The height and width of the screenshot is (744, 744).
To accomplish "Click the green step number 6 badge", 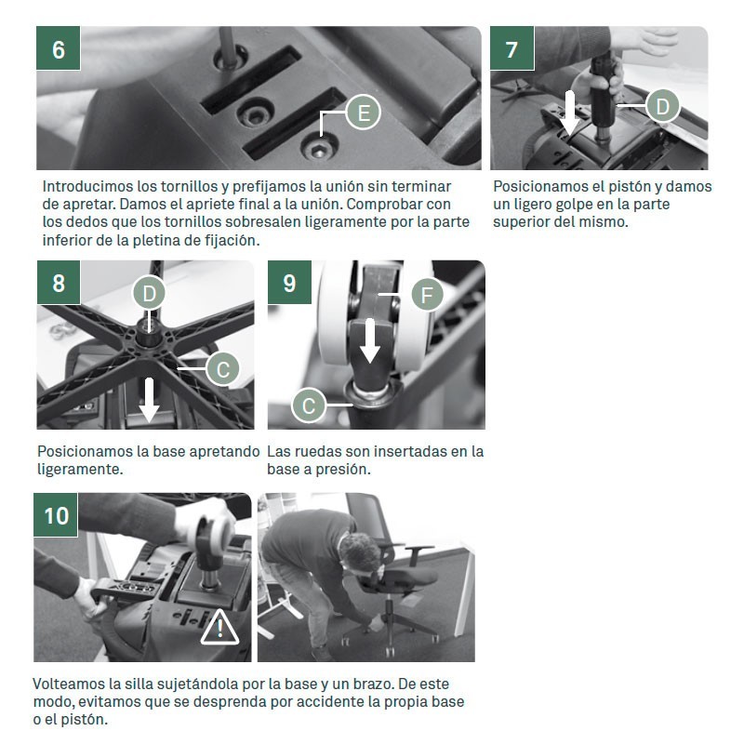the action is pos(59,48).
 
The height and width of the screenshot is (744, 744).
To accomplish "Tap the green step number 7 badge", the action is pos(512,48).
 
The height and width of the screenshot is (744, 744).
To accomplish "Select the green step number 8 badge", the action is pos(59,283).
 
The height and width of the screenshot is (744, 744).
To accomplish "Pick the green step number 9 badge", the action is pos(289,283).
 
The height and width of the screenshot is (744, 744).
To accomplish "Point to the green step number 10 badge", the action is pos(56,515).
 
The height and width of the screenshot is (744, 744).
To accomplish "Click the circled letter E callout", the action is pos(364,113).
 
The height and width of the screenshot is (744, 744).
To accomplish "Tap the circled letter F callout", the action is pos(427,295).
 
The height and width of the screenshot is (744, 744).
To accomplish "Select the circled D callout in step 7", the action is pos(662,106).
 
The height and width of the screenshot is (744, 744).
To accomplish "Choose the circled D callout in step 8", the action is pos(149,293).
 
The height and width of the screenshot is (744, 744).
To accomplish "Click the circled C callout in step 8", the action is pos(223,369).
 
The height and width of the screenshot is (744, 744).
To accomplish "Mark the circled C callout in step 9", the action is pos(309,405).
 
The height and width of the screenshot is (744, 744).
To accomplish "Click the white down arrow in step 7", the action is pos(569,113).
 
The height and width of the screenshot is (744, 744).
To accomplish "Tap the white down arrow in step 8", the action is pos(149,400).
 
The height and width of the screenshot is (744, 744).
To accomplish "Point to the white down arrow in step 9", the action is pos(370,341).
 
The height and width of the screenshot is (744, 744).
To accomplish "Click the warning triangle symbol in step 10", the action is pos(219,629).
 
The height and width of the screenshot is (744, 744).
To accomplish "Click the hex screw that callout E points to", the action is pos(319,150).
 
